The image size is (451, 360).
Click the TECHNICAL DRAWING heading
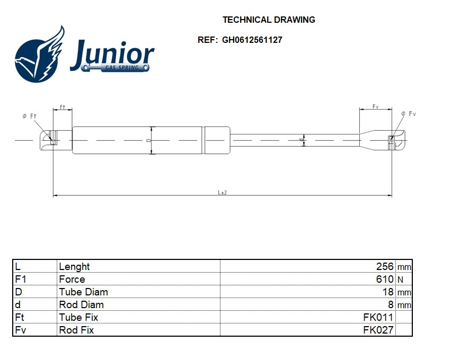(x=269, y=20)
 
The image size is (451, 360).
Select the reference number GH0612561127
(x=252, y=40)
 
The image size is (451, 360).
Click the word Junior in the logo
(x=112, y=55)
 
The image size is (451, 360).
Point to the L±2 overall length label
(x=222, y=192)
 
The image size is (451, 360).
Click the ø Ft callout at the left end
(x=30, y=116)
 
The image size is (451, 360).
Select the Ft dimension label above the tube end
(x=62, y=107)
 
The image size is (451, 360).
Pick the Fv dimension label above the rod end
(x=375, y=106)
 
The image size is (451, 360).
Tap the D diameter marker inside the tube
(x=148, y=140)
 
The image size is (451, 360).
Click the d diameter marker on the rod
(x=302, y=140)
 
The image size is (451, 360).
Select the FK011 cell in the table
(x=378, y=317)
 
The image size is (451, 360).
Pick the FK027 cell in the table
(x=378, y=330)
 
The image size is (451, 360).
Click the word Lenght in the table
(x=74, y=266)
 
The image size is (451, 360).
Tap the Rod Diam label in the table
(x=81, y=304)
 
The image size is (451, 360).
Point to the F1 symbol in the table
(x=21, y=279)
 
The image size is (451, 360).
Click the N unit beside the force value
(x=401, y=280)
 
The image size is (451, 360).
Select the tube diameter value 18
(x=388, y=292)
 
